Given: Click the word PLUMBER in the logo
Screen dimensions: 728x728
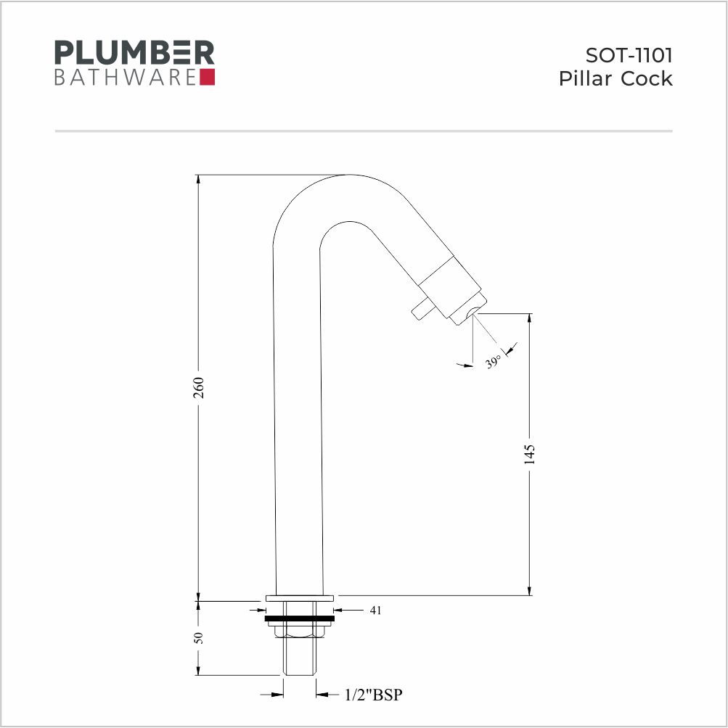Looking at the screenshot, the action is pyautogui.click(x=134, y=52).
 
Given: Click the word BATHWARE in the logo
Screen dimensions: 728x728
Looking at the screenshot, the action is pyautogui.click(x=125, y=78).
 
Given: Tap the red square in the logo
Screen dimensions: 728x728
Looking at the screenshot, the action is pyautogui.click(x=207, y=77).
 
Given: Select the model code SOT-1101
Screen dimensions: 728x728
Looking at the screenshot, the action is pyautogui.click(x=629, y=55).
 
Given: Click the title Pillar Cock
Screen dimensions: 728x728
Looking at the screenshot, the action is pyautogui.click(x=615, y=78).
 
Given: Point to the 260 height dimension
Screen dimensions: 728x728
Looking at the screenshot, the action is pyautogui.click(x=199, y=388).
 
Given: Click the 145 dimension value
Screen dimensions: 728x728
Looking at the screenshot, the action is pyautogui.click(x=530, y=454).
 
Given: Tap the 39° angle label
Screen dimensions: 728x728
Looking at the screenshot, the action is pyautogui.click(x=494, y=361).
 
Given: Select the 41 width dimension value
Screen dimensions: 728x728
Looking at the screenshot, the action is pyautogui.click(x=376, y=610).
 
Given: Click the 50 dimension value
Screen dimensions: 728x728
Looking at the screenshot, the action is pyautogui.click(x=199, y=638).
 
